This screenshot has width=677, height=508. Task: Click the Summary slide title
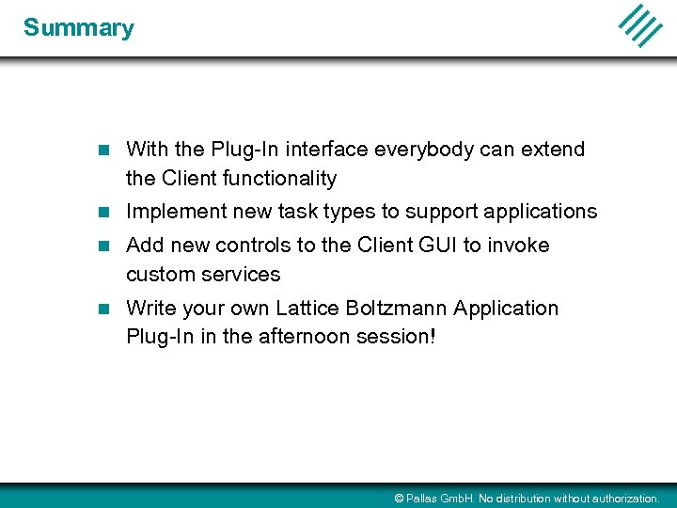pos(79,28)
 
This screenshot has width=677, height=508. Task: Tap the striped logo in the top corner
pos(640,25)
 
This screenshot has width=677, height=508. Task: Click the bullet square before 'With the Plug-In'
pos(105,150)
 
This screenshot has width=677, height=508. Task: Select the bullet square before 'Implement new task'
pos(105,212)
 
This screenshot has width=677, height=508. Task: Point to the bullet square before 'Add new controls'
pos(105,246)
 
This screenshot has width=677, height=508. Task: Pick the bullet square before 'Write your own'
pos(105,309)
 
